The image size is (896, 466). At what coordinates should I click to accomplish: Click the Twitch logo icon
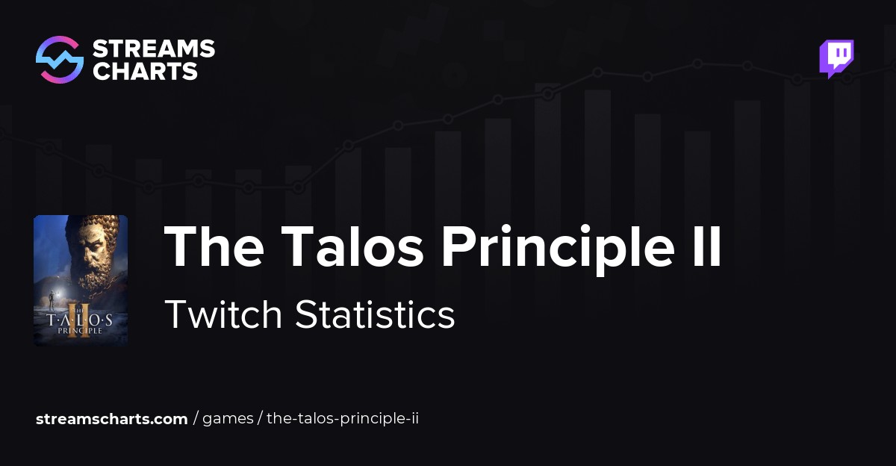point(836,58)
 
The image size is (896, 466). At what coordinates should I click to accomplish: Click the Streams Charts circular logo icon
point(59,60)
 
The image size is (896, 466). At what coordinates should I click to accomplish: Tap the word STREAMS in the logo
point(153,49)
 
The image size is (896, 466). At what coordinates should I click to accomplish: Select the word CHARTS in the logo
point(145,71)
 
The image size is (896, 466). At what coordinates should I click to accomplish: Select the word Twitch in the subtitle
point(223,314)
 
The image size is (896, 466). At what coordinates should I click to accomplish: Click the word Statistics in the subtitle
point(375,314)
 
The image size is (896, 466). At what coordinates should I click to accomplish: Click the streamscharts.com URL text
point(112,419)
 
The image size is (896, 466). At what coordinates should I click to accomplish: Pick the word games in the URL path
point(228,419)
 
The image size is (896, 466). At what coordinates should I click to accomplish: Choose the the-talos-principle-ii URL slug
point(342,419)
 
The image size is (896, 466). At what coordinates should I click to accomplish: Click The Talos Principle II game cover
point(81,280)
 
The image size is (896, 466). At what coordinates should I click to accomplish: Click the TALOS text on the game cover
point(81,319)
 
